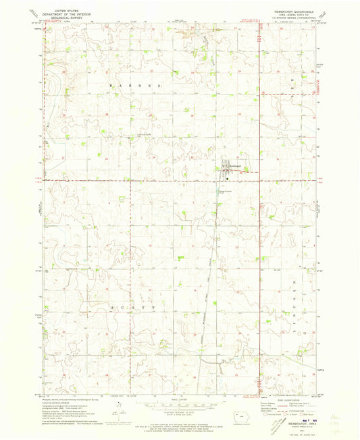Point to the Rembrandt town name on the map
pyautogui.click(x=234, y=165)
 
